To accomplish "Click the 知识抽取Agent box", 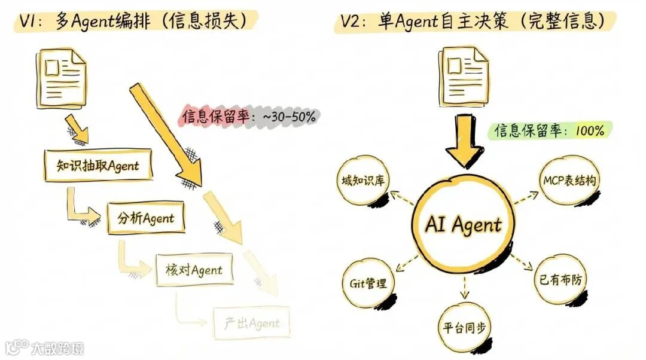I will [x=98, y=166].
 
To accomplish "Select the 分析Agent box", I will [x=146, y=218].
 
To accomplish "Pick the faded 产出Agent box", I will [x=252, y=324].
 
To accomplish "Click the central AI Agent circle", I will [x=463, y=225].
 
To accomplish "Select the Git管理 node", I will [x=368, y=283].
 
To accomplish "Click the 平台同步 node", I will [x=464, y=328].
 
